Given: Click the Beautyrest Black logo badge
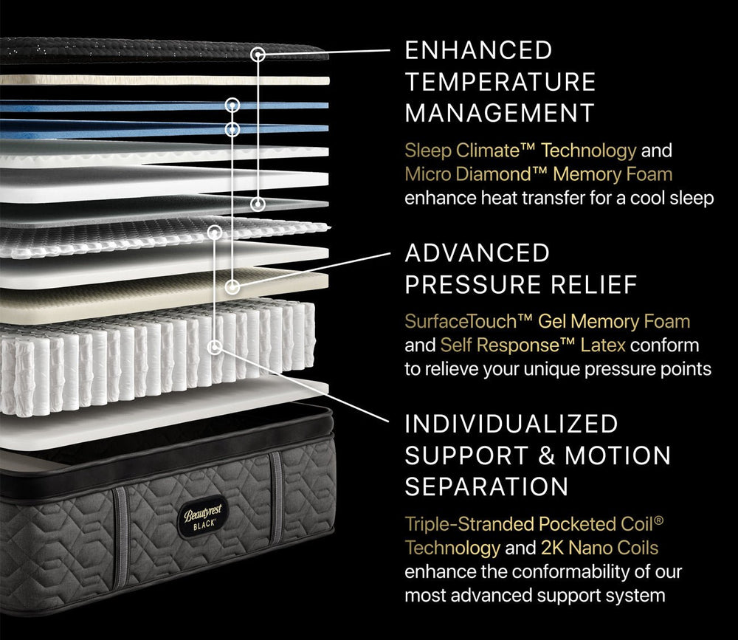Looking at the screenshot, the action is [x=202, y=517].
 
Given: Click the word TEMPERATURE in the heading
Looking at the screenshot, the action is [x=500, y=82].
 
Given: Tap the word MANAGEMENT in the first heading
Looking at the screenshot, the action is [x=500, y=113].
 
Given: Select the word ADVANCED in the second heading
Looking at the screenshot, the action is [x=477, y=253].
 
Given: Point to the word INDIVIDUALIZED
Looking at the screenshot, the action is [x=511, y=424].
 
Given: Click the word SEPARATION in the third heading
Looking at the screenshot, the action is [x=486, y=486].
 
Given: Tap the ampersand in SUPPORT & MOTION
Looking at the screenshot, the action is [x=546, y=455].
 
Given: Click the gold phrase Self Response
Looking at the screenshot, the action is [x=508, y=345].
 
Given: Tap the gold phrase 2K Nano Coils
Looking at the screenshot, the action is [x=599, y=548].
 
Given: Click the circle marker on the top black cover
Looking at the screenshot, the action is [x=258, y=55].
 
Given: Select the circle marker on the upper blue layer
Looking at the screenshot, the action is [x=232, y=105].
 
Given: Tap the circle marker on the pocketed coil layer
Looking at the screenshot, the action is [x=215, y=348].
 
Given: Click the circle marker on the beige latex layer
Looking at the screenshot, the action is [x=232, y=286].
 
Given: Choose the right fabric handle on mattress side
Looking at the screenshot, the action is [x=277, y=499].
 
